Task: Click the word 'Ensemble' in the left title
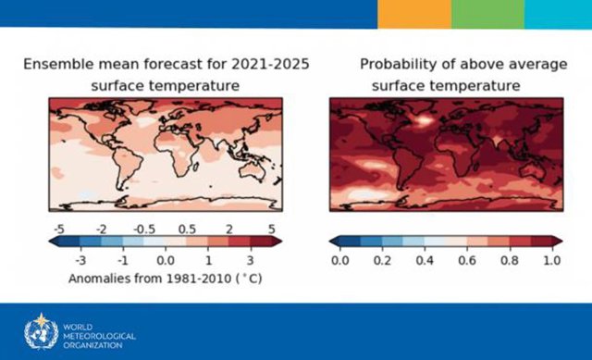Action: pyautogui.click(x=57, y=65)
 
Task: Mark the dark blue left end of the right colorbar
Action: pyautogui.click(x=336, y=242)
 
